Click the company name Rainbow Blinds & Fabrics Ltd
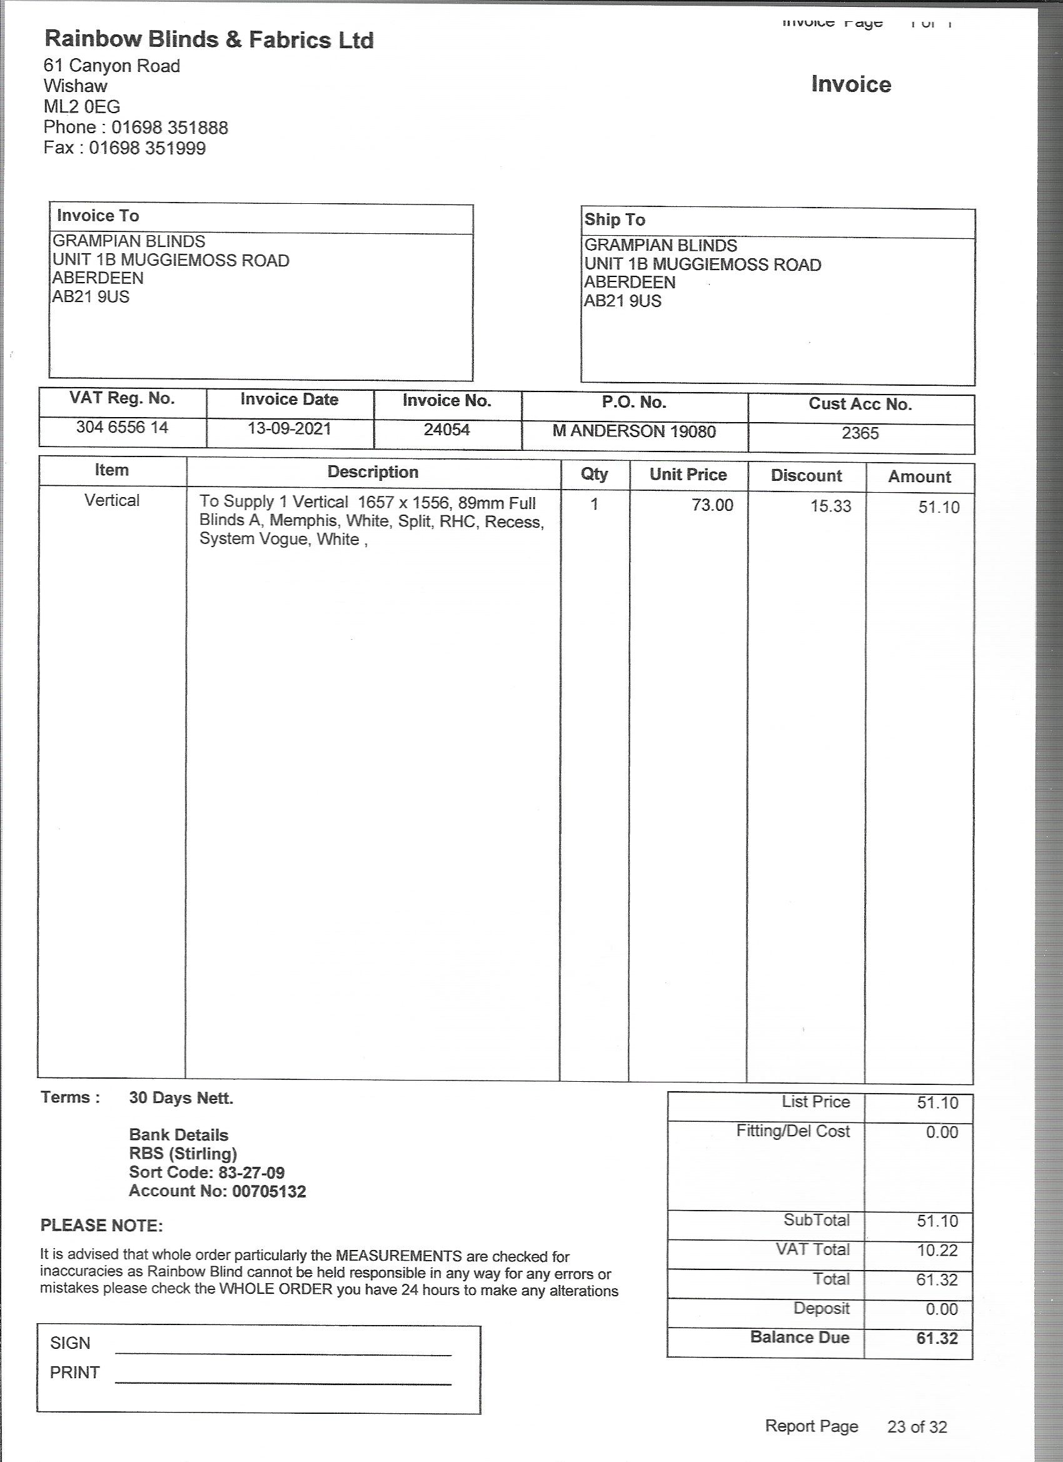point(209,40)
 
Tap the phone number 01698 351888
point(169,128)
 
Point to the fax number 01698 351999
point(147,148)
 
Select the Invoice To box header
point(98,216)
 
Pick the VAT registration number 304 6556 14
point(122,427)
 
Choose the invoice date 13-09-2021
point(290,429)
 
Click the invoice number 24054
point(446,430)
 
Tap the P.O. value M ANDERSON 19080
point(633,431)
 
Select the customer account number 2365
point(860,433)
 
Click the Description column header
point(373,473)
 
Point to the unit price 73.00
point(712,505)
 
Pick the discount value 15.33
point(830,507)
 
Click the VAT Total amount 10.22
point(937,1251)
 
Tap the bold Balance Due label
point(799,1338)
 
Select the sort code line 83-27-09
point(206,1172)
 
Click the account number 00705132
point(269,1191)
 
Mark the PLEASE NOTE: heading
point(102,1226)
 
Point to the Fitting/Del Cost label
point(793,1131)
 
